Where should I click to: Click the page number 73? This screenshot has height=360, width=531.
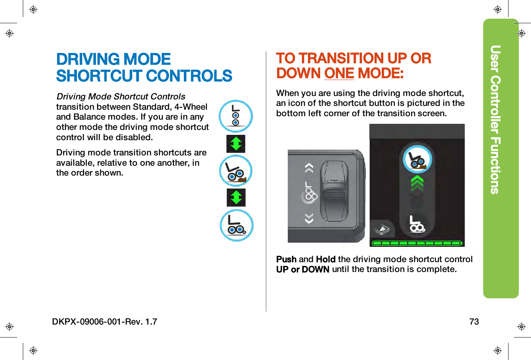(474, 322)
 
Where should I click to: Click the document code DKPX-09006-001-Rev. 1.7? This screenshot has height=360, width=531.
(105, 322)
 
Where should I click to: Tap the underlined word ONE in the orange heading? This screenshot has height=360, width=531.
(339, 73)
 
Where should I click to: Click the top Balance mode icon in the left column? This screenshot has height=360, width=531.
(236, 116)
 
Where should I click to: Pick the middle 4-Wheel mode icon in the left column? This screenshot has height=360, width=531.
(236, 171)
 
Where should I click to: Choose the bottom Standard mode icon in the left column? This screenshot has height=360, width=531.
(236, 225)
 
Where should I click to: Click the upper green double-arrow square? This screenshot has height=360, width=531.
(236, 144)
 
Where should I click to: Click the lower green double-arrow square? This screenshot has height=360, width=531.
(236, 198)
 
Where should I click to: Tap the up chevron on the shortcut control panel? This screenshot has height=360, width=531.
(309, 168)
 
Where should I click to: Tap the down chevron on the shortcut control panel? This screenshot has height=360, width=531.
(309, 218)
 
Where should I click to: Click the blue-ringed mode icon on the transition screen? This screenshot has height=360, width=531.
(417, 159)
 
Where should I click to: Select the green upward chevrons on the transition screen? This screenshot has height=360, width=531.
(417, 183)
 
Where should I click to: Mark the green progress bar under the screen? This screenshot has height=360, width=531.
(417, 243)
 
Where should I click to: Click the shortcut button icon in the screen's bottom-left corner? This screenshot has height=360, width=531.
(382, 230)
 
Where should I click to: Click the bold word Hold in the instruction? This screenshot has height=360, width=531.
(325, 259)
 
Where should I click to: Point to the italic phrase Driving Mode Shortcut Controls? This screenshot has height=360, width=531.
(121, 96)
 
